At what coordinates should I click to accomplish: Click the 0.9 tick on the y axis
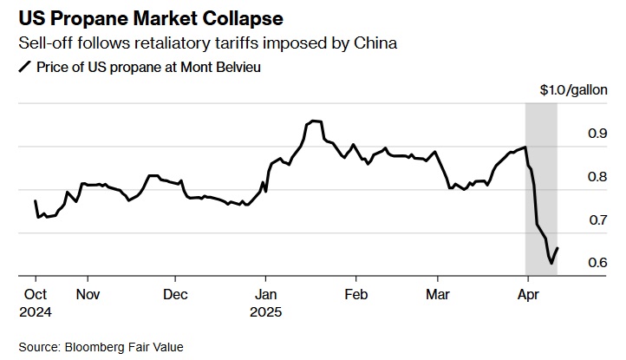click(x=597, y=134)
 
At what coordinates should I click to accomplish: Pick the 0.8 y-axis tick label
click(x=597, y=177)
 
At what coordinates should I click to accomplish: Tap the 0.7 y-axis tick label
click(x=597, y=220)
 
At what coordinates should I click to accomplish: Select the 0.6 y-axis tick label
click(x=597, y=263)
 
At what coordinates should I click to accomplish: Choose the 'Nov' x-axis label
click(x=88, y=294)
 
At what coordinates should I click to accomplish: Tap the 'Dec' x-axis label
click(x=175, y=294)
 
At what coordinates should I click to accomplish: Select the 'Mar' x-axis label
click(x=437, y=294)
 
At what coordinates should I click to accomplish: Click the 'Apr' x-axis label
click(x=527, y=294)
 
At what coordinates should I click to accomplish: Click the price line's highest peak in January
click(x=313, y=121)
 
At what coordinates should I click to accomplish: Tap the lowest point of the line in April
click(x=551, y=263)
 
